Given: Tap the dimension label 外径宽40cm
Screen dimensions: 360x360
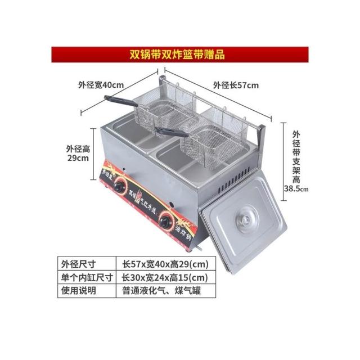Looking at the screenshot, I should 100,85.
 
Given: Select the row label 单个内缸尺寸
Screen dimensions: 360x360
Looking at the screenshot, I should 85,277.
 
